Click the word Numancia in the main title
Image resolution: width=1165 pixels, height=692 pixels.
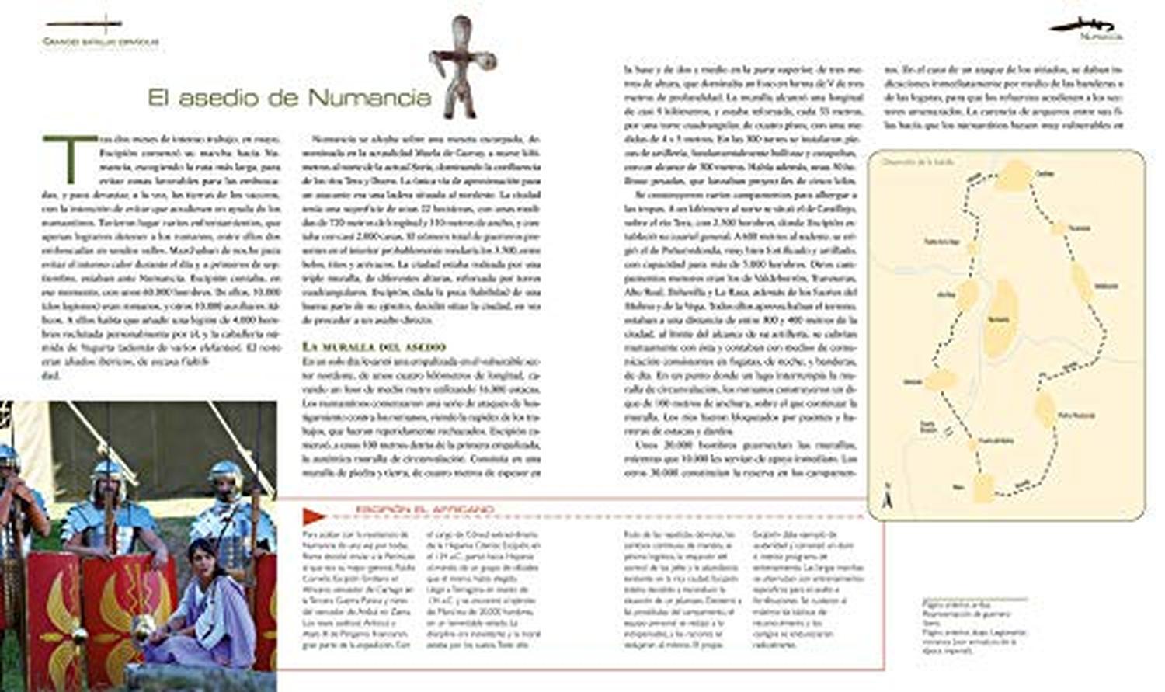[x=369, y=98]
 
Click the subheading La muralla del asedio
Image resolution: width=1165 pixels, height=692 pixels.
[x=374, y=346]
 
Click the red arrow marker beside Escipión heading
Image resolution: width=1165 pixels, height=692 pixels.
[x=314, y=514]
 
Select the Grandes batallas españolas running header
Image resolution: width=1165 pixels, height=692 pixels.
[x=101, y=41]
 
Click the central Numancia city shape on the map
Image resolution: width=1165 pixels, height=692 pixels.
[x=1001, y=318]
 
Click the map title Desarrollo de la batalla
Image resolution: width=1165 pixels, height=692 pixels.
[x=917, y=162]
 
